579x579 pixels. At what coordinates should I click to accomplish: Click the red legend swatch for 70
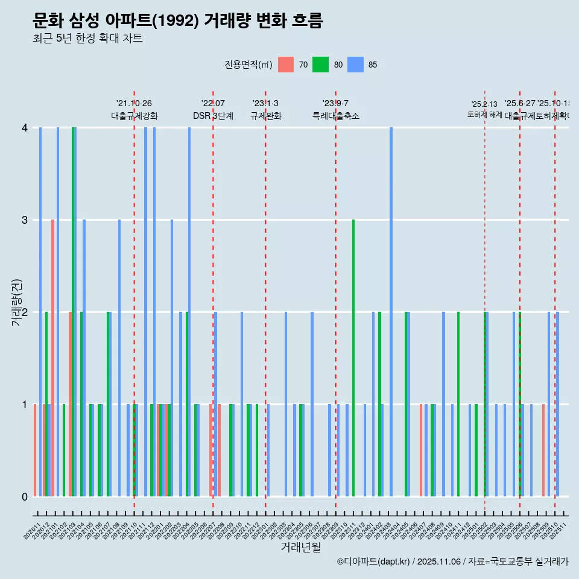pyautogui.click(x=286, y=65)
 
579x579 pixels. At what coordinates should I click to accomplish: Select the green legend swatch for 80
pyautogui.click(x=320, y=65)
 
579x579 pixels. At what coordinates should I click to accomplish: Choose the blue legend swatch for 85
pyautogui.click(x=356, y=65)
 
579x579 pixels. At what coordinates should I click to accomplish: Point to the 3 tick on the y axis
pyautogui.click(x=25, y=220)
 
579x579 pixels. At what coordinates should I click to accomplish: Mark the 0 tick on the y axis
pyautogui.click(x=25, y=497)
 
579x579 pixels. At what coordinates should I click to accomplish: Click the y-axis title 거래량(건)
pyautogui.click(x=16, y=302)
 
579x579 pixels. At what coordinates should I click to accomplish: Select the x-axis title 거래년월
pyautogui.click(x=300, y=547)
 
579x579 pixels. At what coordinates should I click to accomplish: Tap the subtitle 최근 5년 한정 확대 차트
pyautogui.click(x=87, y=39)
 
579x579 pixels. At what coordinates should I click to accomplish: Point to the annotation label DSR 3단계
pyautogui.click(x=213, y=116)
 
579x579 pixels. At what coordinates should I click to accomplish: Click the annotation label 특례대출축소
pyautogui.click(x=335, y=116)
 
